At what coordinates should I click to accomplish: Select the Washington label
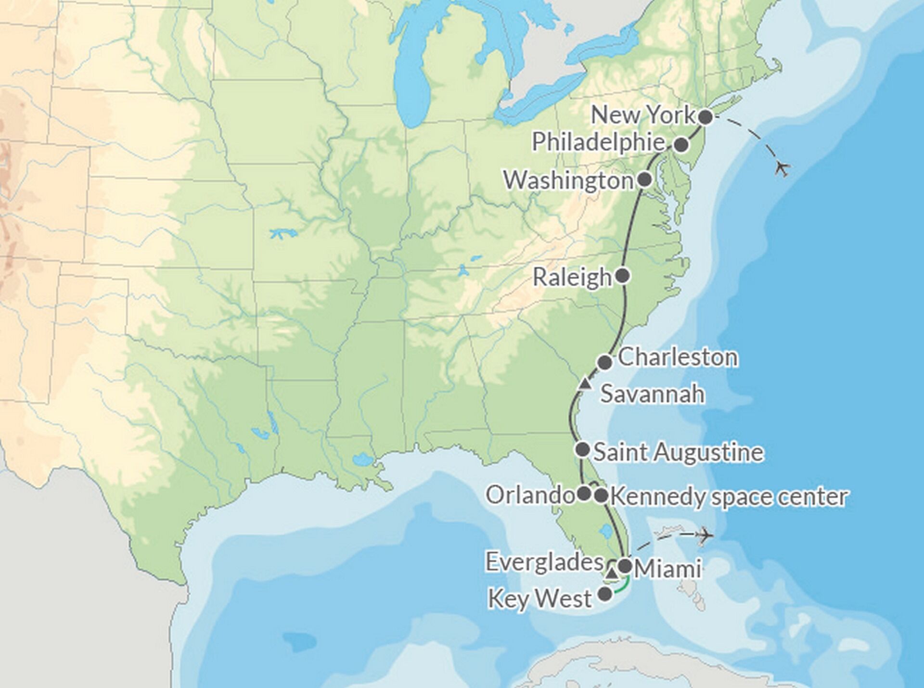tap(568, 180)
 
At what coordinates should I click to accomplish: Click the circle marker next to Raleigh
tap(623, 276)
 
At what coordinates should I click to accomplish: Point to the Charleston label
tap(678, 357)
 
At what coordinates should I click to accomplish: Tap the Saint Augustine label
tap(679, 452)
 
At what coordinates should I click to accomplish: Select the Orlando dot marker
tap(584, 494)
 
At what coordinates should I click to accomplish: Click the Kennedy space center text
tap(728, 497)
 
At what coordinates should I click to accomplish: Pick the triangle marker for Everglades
tap(612, 573)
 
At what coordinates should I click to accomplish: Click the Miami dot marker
tap(625, 566)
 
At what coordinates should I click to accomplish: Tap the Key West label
tap(540, 599)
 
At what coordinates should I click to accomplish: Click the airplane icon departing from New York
tap(783, 168)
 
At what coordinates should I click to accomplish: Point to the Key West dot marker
tap(605, 595)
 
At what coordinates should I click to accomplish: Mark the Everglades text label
tap(544, 562)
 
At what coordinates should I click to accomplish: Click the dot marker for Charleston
tap(605, 362)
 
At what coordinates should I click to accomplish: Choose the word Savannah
tap(652, 394)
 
